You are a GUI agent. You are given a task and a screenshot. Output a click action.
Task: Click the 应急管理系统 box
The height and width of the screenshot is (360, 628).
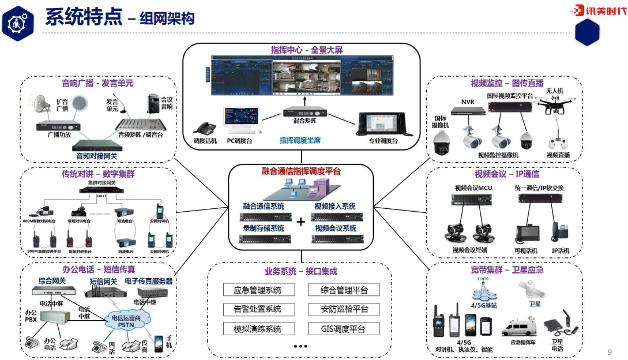[x=257, y=290]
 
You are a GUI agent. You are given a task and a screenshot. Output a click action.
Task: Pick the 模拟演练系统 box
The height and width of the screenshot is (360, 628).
[x=257, y=329]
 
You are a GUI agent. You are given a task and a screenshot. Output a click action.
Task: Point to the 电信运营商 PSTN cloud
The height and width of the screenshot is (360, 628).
[x=127, y=320]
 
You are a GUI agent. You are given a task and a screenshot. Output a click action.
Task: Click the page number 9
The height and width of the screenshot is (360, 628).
[x=610, y=352]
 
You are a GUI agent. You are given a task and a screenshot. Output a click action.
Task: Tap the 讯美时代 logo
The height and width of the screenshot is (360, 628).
[x=600, y=10]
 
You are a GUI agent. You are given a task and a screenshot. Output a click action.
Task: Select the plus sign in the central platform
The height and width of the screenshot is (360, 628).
[x=300, y=222]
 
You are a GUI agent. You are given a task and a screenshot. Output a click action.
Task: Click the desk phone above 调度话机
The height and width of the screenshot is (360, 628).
[x=204, y=127]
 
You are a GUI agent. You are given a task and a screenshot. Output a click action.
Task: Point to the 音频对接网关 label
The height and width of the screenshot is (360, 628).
[x=96, y=156]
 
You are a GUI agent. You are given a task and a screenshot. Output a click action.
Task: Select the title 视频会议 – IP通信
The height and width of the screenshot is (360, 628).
[x=506, y=174]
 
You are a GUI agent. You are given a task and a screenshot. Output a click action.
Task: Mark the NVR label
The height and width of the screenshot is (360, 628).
[x=467, y=102]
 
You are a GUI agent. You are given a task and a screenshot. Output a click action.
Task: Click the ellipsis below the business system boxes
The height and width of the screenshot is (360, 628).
[x=300, y=347]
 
